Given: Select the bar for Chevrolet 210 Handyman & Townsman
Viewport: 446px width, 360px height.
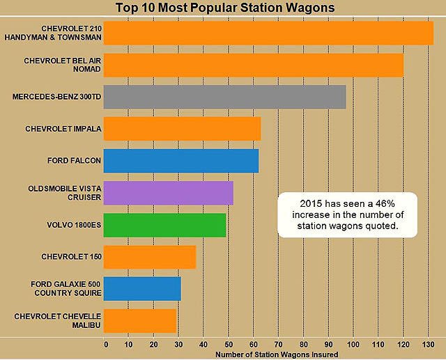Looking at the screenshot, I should tap(268, 33).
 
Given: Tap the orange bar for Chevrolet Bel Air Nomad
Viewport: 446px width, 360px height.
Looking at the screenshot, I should tap(254, 65).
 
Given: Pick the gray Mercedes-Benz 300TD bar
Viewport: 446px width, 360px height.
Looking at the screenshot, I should tap(225, 97).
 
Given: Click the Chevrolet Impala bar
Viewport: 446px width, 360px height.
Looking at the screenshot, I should tap(182, 129).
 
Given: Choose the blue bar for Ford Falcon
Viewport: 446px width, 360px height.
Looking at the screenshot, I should tap(181, 160).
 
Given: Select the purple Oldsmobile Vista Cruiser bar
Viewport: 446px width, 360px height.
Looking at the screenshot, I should tap(169, 193).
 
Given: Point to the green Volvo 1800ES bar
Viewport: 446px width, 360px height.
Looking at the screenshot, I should tap(165, 225).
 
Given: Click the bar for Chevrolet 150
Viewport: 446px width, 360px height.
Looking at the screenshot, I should tap(150, 257).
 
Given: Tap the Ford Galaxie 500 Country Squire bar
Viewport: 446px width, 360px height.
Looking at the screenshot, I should tap(142, 288).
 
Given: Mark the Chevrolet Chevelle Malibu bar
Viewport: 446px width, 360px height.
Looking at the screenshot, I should tap(140, 320).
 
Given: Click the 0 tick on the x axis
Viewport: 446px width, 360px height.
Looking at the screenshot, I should tap(105, 344).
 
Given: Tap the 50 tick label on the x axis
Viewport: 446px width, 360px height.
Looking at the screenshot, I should tap(229, 344).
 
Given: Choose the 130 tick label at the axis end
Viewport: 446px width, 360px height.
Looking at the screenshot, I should tap(427, 344).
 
